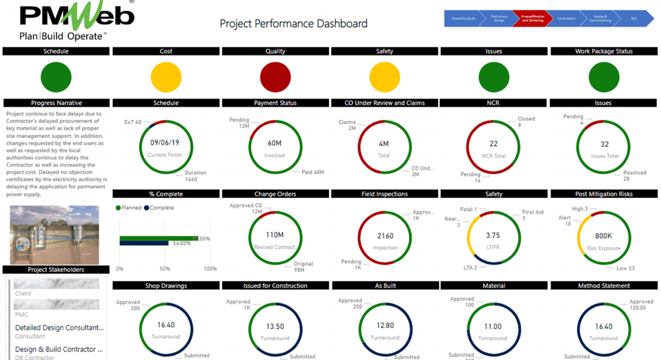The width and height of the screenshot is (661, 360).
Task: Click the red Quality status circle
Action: click(276, 77)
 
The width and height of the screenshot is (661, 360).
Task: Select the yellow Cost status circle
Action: click(166, 77)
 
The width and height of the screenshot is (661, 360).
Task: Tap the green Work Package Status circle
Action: click(604, 77)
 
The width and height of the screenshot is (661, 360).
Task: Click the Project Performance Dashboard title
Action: click(294, 24)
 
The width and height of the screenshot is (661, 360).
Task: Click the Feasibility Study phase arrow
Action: click(462, 18)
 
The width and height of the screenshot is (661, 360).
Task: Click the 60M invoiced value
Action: click(275, 143)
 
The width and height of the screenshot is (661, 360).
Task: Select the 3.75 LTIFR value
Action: click(493, 235)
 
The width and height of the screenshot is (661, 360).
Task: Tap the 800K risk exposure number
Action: click(604, 235)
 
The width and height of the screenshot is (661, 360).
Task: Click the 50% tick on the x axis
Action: click(165, 268)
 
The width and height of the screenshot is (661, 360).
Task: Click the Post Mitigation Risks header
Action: click(604, 194)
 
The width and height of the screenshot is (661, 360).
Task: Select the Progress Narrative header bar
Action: click(56, 103)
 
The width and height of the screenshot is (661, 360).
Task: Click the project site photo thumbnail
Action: click(55, 235)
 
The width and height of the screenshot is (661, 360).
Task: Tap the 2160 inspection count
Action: click(385, 235)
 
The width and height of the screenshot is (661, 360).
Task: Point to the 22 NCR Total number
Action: click(493, 143)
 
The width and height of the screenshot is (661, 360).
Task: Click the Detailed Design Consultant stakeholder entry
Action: click(59, 328)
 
